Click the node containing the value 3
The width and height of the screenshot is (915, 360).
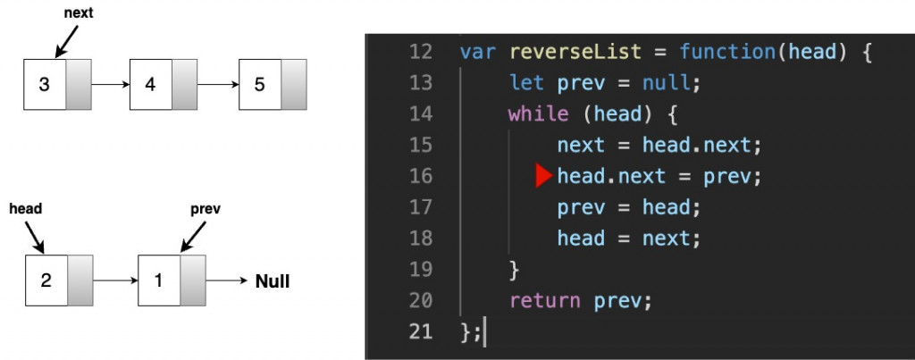(x=57, y=84)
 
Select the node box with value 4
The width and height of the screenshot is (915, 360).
(x=164, y=84)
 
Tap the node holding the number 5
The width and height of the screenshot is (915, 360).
(x=273, y=84)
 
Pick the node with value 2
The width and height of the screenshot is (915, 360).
(x=59, y=280)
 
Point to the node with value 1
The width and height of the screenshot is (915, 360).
(x=172, y=280)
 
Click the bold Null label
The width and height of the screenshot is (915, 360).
(x=273, y=281)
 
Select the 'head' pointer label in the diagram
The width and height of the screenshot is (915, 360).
(x=26, y=209)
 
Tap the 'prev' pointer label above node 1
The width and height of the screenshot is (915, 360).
(x=206, y=209)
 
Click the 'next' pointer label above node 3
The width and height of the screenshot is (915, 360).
(x=79, y=13)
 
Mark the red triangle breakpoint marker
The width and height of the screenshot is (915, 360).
(x=543, y=176)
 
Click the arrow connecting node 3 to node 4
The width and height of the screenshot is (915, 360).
(x=110, y=84)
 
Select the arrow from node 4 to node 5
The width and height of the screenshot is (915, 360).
(x=218, y=84)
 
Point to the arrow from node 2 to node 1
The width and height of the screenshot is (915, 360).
(x=115, y=280)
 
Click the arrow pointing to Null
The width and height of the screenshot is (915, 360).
(x=228, y=280)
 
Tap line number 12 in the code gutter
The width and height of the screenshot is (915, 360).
(x=421, y=52)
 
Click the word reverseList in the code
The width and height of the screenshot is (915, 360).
(x=575, y=52)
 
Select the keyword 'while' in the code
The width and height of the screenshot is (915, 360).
(x=538, y=113)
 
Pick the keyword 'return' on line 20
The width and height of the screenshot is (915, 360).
(x=544, y=301)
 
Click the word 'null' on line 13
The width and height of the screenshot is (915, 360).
(x=666, y=83)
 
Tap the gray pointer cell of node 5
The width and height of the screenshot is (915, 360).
(x=294, y=84)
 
